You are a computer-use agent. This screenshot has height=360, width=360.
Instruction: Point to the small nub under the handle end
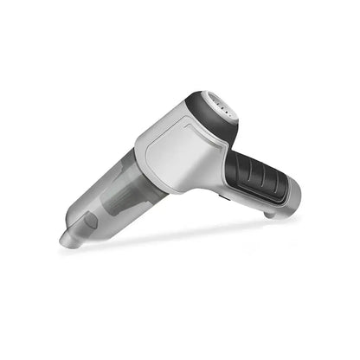point(270,213)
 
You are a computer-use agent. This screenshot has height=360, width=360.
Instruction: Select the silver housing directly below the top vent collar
point(212,143)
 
